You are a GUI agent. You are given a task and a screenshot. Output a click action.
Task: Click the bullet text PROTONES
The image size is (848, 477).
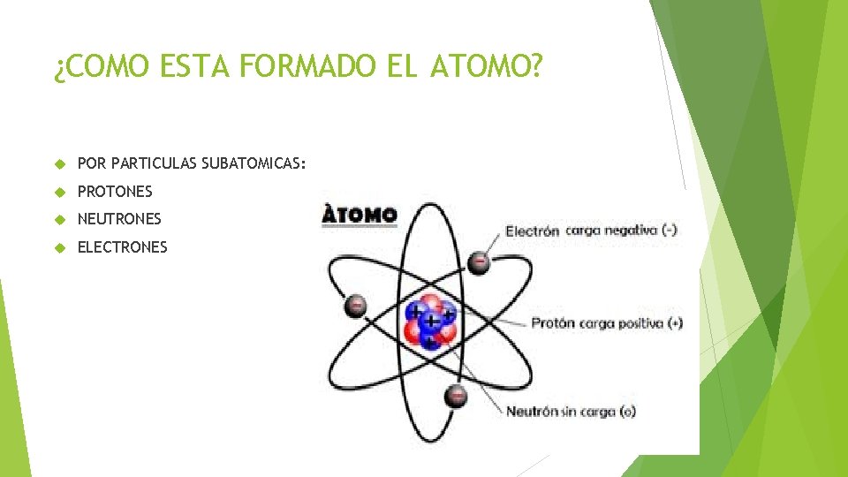[115, 191]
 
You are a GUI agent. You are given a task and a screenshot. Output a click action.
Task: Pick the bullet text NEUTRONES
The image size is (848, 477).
[119, 218]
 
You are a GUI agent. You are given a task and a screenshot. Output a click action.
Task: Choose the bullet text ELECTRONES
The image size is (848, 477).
[122, 247]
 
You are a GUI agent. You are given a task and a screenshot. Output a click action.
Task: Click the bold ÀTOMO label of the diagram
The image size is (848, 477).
[360, 215]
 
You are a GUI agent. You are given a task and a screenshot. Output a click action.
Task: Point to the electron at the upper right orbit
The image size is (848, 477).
[479, 261]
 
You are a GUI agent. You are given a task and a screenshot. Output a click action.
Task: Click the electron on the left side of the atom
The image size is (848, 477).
[355, 306]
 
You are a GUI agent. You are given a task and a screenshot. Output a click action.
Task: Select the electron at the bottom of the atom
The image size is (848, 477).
[455, 396]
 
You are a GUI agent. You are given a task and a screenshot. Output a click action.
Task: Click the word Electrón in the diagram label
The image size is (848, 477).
[532, 231]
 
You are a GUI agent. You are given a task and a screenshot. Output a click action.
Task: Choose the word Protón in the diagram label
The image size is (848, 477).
[552, 323]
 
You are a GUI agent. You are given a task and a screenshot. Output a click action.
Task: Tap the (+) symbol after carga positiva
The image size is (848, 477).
[675, 323]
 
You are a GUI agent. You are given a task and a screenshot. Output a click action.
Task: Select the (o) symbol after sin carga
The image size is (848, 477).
[627, 412]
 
